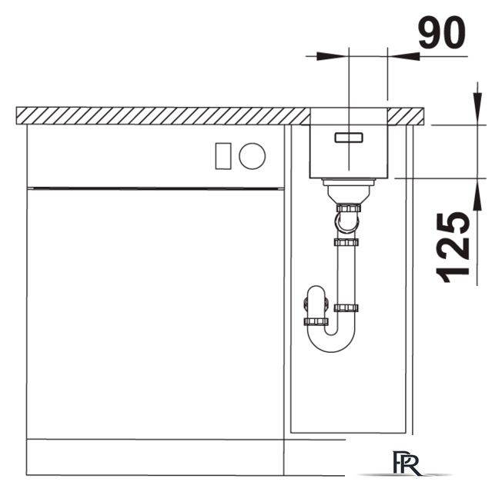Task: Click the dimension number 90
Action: coord(442,33)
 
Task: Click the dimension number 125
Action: coord(453,248)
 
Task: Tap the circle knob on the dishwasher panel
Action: coord(253,156)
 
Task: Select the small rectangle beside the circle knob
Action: coord(223,156)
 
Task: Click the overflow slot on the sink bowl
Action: coord(349,138)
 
